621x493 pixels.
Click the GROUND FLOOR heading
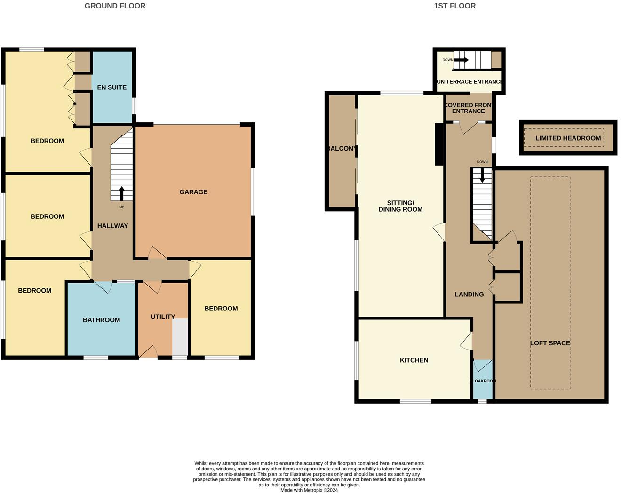tap(115, 6)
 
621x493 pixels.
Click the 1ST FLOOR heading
tap(454, 6)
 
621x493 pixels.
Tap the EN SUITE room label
tap(111, 87)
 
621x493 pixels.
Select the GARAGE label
tap(193, 192)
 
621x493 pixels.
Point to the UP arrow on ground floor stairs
tap(122, 193)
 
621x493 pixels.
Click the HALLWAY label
tap(112, 226)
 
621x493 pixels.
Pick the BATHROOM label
tap(101, 320)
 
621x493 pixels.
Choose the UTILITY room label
tap(163, 317)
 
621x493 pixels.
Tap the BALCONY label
tap(342, 149)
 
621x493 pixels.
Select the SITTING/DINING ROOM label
tap(400, 206)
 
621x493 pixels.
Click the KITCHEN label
tap(414, 360)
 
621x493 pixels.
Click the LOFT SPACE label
tap(550, 343)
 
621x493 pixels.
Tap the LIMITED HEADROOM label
tap(568, 138)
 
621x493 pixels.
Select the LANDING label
tap(469, 294)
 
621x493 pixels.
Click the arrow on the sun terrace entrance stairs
tap(461, 60)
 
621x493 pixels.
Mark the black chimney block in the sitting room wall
tap(439, 144)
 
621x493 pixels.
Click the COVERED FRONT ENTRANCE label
tap(468, 108)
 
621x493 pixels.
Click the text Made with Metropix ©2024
tap(309, 490)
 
